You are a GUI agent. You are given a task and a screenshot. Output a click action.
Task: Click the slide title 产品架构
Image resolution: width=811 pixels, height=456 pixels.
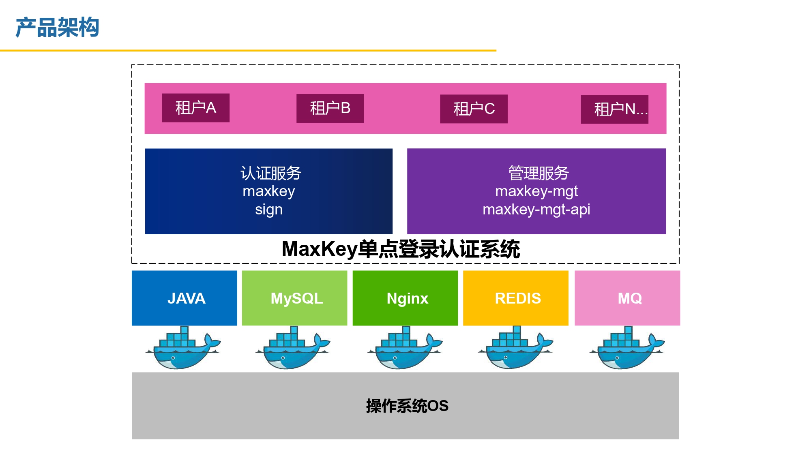pos(57,28)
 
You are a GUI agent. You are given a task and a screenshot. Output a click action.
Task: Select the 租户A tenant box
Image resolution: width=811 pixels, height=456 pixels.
pos(196,108)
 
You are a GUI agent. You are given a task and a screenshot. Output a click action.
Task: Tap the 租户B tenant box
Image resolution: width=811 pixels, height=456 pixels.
pos(330,108)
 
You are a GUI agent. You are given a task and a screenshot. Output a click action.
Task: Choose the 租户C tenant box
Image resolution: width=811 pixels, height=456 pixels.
pos(474,109)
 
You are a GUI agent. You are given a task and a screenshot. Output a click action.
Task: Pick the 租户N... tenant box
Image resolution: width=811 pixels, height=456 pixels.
pos(615,109)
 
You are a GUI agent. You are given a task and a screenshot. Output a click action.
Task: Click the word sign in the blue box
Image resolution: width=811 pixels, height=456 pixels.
pos(269,210)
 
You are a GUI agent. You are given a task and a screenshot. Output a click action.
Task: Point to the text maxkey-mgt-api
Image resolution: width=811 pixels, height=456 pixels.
pos(536,210)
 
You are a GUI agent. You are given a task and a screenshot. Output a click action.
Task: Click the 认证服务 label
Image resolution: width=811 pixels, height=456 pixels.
pos(271,173)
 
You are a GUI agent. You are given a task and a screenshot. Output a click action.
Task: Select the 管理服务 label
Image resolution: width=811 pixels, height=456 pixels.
pos(539,173)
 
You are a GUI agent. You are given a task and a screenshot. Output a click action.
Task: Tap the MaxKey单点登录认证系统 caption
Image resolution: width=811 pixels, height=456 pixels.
pos(401,249)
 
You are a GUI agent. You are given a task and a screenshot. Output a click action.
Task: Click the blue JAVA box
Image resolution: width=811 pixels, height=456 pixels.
pos(185,298)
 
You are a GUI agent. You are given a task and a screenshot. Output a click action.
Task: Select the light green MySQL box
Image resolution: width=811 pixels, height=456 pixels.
pos(295,298)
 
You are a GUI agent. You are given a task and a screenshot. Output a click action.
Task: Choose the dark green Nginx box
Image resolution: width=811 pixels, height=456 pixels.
pos(405,298)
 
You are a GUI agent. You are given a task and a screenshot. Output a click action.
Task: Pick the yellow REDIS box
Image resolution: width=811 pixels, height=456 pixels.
pos(516,298)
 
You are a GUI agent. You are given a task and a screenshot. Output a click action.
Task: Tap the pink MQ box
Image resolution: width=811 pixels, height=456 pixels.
pos(627,298)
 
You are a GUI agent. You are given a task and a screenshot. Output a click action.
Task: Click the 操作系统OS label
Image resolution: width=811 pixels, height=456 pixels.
pos(407,406)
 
